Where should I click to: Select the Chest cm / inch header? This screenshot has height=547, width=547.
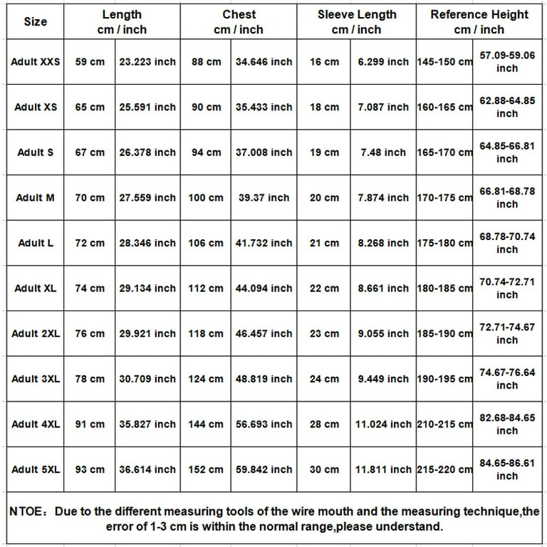239,22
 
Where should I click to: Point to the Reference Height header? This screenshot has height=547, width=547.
479,22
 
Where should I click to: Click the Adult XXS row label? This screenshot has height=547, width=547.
36,62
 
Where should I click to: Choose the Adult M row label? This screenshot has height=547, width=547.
35,198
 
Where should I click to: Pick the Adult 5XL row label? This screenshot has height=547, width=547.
36,469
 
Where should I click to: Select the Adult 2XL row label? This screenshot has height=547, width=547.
36,333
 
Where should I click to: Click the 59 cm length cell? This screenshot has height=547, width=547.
90,62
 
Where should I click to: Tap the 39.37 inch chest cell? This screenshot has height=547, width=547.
264,198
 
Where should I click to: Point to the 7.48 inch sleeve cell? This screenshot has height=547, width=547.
383,152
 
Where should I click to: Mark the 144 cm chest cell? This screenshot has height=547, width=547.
206,424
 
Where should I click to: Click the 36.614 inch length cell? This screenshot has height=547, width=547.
147,469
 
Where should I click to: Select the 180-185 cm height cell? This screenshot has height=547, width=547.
444,288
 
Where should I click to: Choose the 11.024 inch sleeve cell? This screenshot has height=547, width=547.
383,424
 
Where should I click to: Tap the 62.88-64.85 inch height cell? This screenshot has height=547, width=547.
507,107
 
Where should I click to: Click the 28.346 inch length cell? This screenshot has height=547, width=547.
147,243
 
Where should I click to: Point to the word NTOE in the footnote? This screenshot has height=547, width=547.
26,511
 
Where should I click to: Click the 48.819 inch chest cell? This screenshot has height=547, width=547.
264,379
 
